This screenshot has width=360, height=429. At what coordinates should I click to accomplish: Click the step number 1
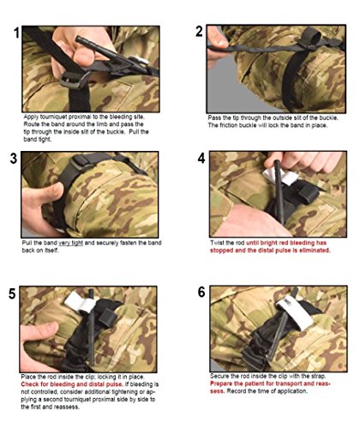pyautogui.click(x=16, y=33)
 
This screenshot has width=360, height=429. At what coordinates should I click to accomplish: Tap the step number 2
pyautogui.click(x=199, y=32)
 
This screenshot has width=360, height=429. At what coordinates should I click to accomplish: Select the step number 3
pyautogui.click(x=14, y=159)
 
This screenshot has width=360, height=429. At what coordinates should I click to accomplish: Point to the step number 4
pyautogui.click(x=201, y=158)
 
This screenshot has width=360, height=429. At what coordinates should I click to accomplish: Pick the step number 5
pyautogui.click(x=12, y=293)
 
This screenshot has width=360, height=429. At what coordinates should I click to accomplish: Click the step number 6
pyautogui.click(x=201, y=293)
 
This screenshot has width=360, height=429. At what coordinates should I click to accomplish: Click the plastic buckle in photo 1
pyautogui.click(x=75, y=80)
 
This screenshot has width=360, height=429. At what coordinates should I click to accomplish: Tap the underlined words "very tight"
pyautogui.click(x=70, y=243)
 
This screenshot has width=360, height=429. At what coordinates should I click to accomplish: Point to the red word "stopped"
pyautogui.click(x=221, y=251)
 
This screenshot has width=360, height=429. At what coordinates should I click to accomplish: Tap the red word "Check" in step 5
pyautogui.click(x=30, y=384)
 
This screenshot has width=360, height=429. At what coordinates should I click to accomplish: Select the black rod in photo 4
pyautogui.click(x=279, y=192)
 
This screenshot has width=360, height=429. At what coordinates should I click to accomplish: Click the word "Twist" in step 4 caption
pyautogui.click(x=217, y=243)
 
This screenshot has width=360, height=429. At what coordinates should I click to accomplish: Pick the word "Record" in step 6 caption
pyautogui.click(x=237, y=391)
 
